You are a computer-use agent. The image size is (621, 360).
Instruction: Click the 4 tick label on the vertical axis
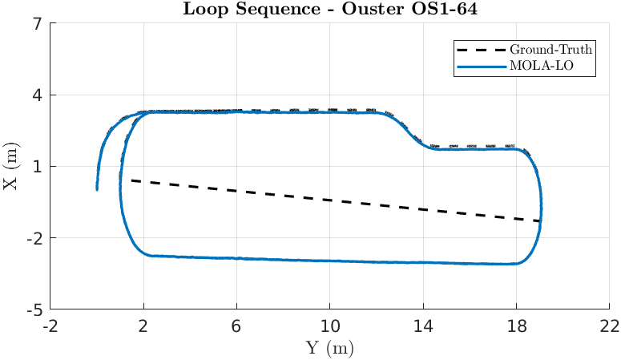coord(38,95)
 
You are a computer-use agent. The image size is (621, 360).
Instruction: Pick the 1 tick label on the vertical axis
coord(38,167)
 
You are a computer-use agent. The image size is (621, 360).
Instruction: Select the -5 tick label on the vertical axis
coord(34,309)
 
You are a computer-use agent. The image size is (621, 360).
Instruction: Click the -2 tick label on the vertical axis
coord(34,238)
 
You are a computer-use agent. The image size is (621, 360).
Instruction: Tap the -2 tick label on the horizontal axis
coord(50,326)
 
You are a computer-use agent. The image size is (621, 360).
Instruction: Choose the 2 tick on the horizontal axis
coord(144,326)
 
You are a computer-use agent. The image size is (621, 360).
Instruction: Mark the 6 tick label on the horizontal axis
coord(237,326)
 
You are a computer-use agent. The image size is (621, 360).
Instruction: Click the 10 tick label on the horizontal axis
coord(330,326)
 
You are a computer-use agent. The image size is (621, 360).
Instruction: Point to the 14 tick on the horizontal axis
coord(423,326)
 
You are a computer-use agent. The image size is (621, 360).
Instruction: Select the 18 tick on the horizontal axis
coord(516,326)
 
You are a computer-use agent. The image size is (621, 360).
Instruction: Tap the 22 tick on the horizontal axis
coord(609,326)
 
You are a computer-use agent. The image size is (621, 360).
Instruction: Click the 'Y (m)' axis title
coord(330,348)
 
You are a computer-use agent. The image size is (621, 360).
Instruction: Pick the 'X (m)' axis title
coord(10,167)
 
